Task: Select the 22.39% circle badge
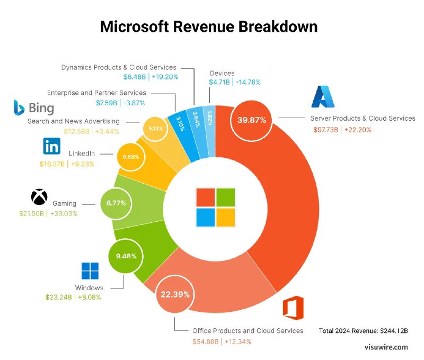pyautogui.click(x=174, y=294)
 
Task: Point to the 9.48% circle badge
pyautogui.click(x=126, y=256)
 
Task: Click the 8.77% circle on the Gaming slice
pyautogui.click(x=117, y=202)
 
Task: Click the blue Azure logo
pyautogui.click(x=324, y=96)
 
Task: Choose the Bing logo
pyautogui.click(x=34, y=108)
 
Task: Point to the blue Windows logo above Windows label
pyautogui.click(x=90, y=271)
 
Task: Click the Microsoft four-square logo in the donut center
pyautogui.click(x=215, y=206)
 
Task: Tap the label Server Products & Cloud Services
pyautogui.click(x=363, y=119)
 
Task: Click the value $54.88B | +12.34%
pyautogui.click(x=222, y=341)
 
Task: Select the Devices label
pyautogui.click(x=222, y=73)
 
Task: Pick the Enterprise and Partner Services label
pyautogui.click(x=96, y=93)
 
